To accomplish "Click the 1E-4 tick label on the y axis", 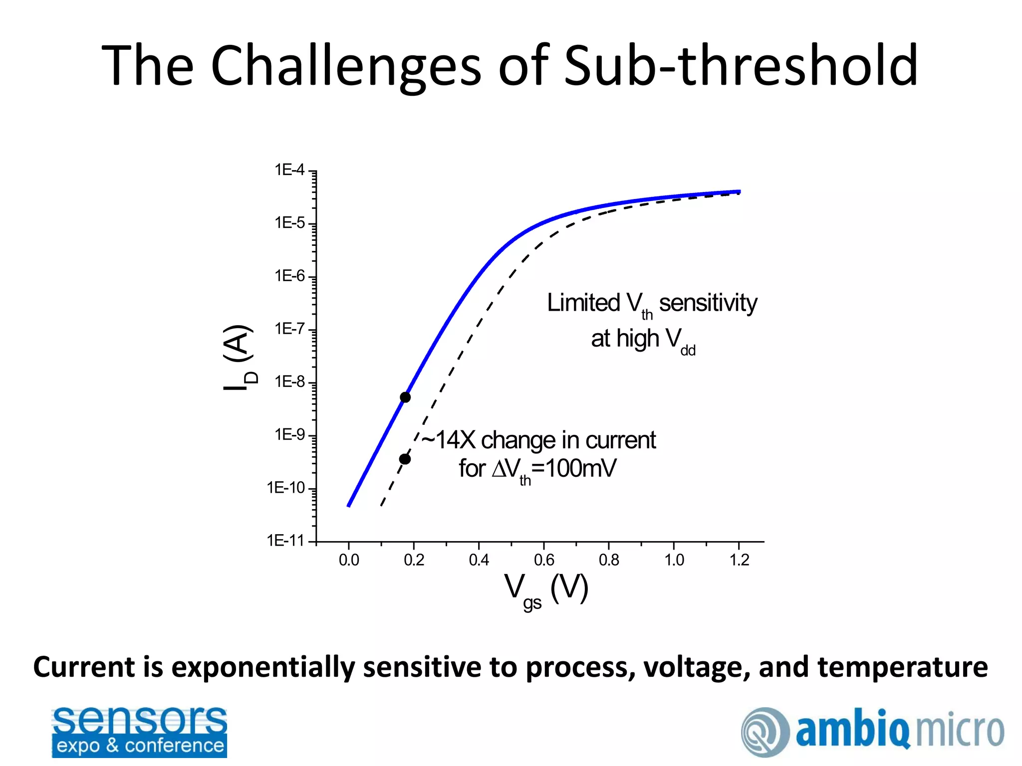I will click(x=289, y=170).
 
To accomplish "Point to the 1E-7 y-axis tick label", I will click(x=289, y=329).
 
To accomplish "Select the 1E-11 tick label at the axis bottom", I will click(x=285, y=540).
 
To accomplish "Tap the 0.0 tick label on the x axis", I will click(x=349, y=560).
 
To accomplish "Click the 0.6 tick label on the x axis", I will click(x=544, y=560).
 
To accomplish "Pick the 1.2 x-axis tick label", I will click(x=739, y=560).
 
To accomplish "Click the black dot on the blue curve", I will click(x=405, y=397).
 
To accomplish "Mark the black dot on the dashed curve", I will click(x=405, y=459).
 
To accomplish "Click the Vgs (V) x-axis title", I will click(x=546, y=589).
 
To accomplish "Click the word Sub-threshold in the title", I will click(x=741, y=65).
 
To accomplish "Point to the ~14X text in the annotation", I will click(x=448, y=440).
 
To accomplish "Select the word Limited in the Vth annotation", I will click(x=583, y=303).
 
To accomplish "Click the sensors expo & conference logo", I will click(x=139, y=732).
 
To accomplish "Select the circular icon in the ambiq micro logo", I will click(x=765, y=732).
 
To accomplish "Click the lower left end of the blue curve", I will click(x=349, y=505).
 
